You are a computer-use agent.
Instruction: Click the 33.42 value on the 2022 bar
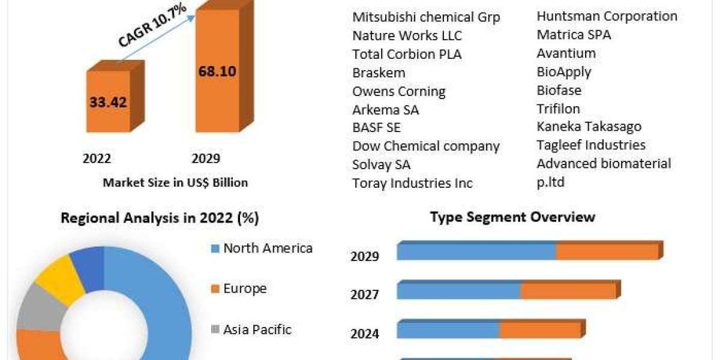pos(109,103)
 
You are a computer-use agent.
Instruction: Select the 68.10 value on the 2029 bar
pos(217,71)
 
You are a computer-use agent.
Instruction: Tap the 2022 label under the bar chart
pos(97,158)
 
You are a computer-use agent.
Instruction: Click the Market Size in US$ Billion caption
pos(175,182)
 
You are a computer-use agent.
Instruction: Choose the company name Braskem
pos(379,73)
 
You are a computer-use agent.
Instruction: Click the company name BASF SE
pos(376,127)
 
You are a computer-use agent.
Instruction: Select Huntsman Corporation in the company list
pos(607,16)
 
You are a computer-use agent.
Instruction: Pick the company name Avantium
pos(566,53)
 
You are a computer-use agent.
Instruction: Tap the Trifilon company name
pos(559,109)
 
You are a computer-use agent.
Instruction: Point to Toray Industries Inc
pos(412,183)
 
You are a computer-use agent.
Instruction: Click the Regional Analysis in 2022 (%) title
pos(160,218)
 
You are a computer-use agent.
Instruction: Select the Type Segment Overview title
pos(512,217)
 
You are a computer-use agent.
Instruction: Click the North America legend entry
pos(268,248)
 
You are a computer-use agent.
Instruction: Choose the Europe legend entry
pos(245,289)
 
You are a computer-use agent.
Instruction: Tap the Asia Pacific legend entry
pos(257,329)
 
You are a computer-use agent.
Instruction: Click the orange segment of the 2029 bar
pos(607,252)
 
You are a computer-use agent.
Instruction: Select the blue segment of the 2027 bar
pos(458,292)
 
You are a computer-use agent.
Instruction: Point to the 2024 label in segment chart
pos(365,334)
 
